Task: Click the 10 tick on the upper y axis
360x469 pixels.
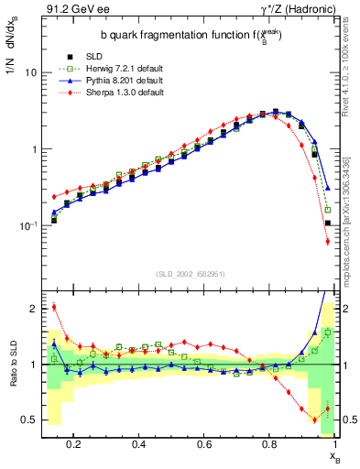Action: coord(31,71)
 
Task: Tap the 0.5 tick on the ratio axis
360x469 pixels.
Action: coord(30,420)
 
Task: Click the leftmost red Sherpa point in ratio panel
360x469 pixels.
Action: coord(54,307)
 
